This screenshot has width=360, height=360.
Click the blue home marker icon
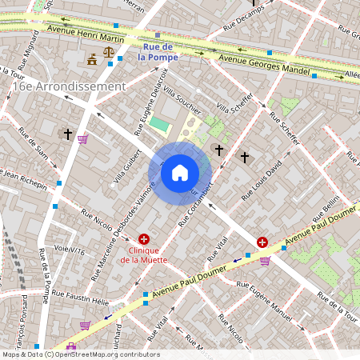180,173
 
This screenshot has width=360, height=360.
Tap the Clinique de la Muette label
144,254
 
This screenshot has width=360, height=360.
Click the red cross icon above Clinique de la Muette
144,238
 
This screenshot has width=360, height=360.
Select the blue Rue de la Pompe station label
155,52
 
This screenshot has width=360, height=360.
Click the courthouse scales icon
94,59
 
